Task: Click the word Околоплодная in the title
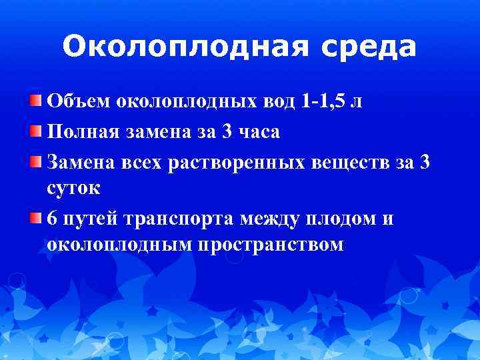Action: tap(171, 47)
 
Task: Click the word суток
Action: tap(74, 188)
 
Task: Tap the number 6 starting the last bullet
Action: tap(53, 218)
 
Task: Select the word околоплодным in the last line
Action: tap(120, 245)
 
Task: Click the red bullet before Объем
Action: tap(35, 101)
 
